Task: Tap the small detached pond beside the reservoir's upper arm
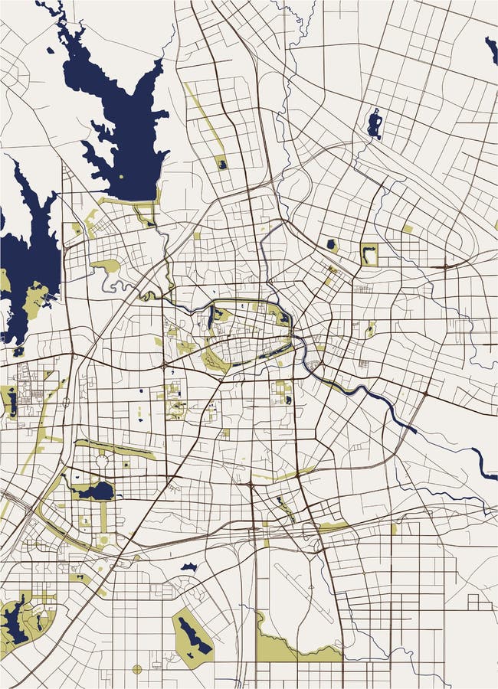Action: [51, 51]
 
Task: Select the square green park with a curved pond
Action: [369, 253]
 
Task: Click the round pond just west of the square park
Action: [332, 245]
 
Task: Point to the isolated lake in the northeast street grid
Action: [374, 123]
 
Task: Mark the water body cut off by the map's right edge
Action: [490, 49]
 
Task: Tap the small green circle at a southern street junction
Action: [137, 669]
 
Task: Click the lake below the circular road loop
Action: [95, 490]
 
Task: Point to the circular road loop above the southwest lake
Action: [101, 461]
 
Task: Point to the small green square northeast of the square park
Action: [408, 228]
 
